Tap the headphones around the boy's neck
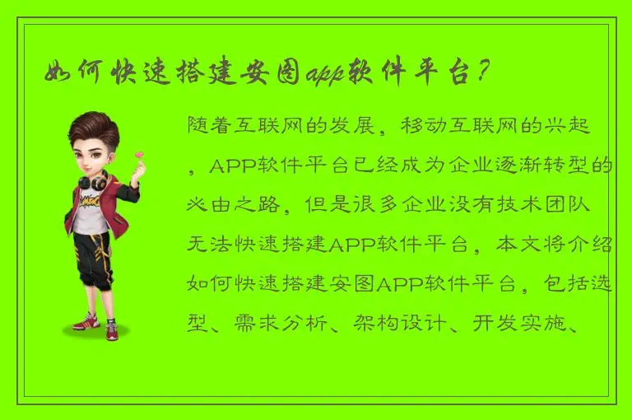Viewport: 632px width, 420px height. [93, 179]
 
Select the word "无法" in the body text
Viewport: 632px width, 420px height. [208, 244]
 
